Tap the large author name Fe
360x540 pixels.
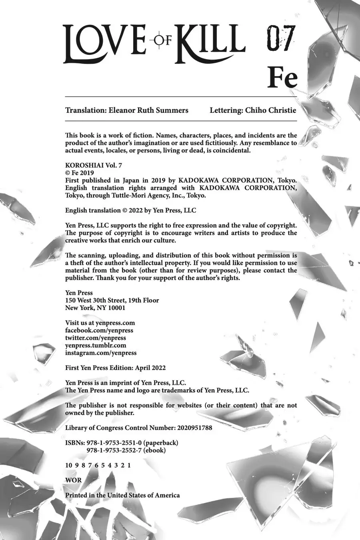click(x=282, y=78)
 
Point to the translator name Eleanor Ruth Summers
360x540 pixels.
click(x=148, y=110)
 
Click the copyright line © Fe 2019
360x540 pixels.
click(x=80, y=173)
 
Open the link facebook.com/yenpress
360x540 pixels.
click(x=99, y=330)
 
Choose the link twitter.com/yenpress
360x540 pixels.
click(x=96, y=338)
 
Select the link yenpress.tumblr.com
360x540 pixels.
click(x=96, y=345)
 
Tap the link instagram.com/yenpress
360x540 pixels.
click(x=101, y=353)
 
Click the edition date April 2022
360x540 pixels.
click(x=150, y=368)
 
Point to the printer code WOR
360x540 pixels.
click(x=73, y=480)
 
